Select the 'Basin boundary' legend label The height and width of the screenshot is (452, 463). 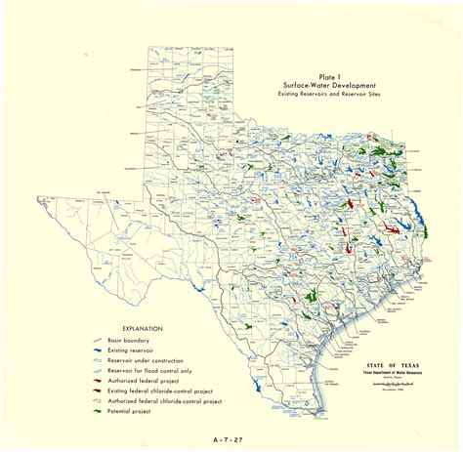click(127, 341)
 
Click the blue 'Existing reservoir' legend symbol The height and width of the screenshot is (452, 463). click(97, 349)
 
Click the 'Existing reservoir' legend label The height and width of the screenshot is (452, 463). click(131, 349)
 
